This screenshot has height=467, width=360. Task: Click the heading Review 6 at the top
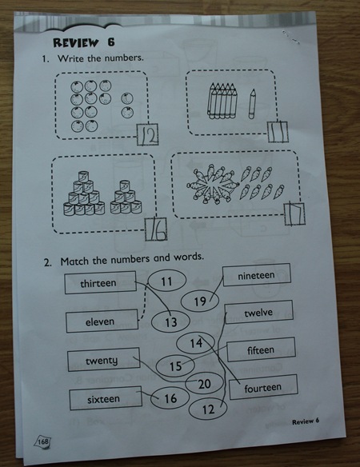pyautogui.click(x=84, y=42)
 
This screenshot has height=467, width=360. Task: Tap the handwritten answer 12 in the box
pyautogui.click(x=149, y=135)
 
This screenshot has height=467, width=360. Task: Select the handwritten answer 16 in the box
pyautogui.click(x=157, y=230)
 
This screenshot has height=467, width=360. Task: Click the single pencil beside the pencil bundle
pyautogui.click(x=252, y=104)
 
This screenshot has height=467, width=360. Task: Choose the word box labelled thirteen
pyautogui.click(x=101, y=282)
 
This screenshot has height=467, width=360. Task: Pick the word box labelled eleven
pyautogui.click(x=102, y=321)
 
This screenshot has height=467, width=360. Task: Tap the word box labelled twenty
pyautogui.click(x=103, y=360)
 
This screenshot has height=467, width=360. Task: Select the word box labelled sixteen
pyautogui.click(x=106, y=398)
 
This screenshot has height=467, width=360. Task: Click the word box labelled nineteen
pyautogui.click(x=257, y=275)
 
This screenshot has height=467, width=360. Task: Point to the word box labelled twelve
pyautogui.click(x=259, y=312)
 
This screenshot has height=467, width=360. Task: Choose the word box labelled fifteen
pyautogui.click(x=261, y=349)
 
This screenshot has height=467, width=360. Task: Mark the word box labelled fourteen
pyautogui.click(x=263, y=387)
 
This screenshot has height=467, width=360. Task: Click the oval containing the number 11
pyautogui.click(x=167, y=281)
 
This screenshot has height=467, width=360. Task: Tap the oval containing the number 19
pyautogui.click(x=200, y=301)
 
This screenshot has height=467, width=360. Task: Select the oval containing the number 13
pyautogui.click(x=170, y=322)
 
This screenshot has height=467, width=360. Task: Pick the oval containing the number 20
pyautogui.click(x=205, y=383)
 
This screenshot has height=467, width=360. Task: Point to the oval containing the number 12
pyautogui.click(x=208, y=409)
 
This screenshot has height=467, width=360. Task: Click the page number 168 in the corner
pyautogui.click(x=43, y=441)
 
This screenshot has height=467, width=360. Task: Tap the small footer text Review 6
pyautogui.click(x=306, y=421)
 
